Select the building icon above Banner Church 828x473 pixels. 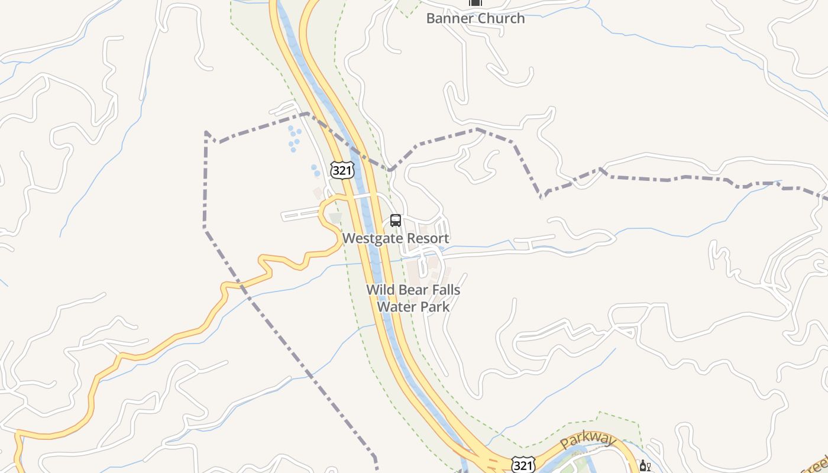coord(476,2)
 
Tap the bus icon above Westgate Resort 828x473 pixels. coord(396,221)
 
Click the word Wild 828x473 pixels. coord(380,290)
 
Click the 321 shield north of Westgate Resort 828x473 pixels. coord(342,170)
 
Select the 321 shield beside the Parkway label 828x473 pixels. coord(523,465)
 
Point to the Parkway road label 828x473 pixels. coord(588,439)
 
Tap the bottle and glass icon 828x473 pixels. coord(645,466)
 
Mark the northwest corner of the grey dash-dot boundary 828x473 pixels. coord(206,132)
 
